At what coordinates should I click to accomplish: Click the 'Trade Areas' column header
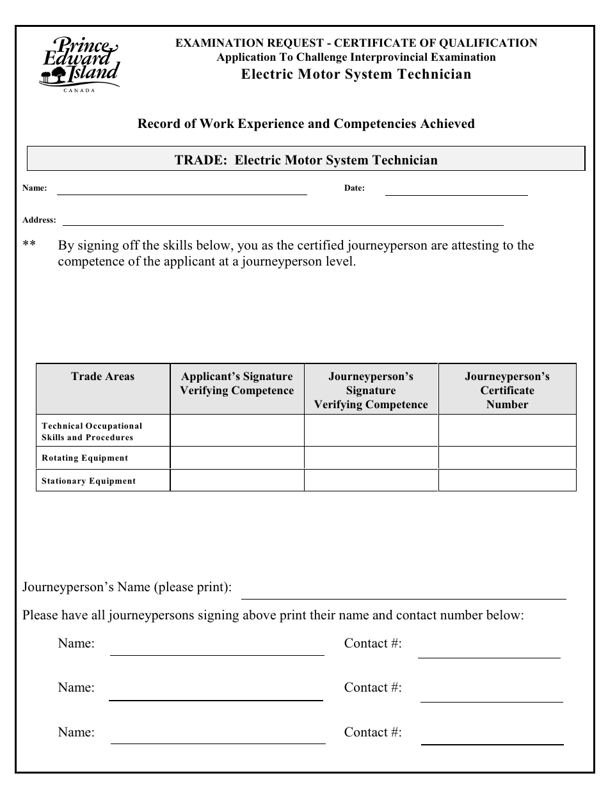coord(103,376)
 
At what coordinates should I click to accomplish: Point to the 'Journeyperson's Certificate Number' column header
coord(507,390)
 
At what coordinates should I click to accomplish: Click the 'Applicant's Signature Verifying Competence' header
coord(237,383)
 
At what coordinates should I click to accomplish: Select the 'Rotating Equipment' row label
coord(84,458)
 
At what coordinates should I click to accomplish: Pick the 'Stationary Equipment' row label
coord(88,481)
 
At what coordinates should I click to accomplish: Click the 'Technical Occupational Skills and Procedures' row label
coord(92,431)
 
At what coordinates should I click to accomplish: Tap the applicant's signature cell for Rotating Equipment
coord(237,458)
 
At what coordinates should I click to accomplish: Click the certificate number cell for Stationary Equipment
coord(507,481)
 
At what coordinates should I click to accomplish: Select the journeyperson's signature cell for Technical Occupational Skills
coord(371,431)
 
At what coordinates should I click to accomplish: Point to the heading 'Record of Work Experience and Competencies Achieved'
coord(306,123)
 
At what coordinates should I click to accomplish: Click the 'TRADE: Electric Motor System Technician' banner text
coord(306,160)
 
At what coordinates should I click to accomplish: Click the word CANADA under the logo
coord(79,90)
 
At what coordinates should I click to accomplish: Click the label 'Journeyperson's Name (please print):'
coord(127,587)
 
